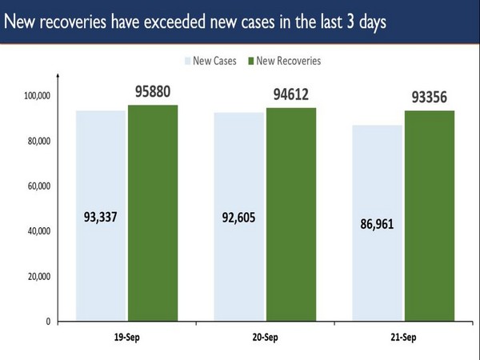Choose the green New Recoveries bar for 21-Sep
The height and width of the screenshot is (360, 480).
430,216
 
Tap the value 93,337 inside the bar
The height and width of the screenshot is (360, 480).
101,217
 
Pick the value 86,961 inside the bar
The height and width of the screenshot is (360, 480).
377,225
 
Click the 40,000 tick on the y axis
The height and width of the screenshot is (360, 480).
38,232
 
